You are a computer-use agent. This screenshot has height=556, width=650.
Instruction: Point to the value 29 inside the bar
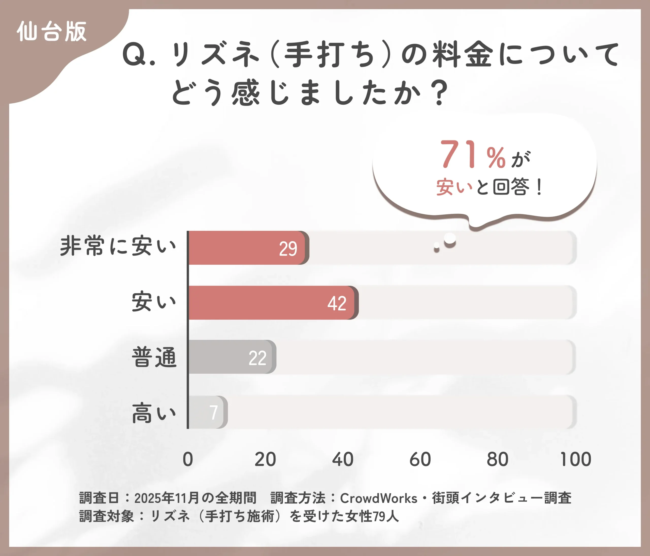288,249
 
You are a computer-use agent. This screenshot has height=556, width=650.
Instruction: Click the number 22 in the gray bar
257,358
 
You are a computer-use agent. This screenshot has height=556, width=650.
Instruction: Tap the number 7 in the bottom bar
213,412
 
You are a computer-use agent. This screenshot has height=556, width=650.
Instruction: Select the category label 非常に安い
118,246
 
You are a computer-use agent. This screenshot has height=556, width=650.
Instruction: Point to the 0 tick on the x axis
188,459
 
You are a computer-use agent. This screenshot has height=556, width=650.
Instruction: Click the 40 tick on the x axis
343,459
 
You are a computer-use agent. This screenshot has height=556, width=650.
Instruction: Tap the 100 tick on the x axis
575,459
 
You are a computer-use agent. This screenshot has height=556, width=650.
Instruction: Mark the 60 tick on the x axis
420,459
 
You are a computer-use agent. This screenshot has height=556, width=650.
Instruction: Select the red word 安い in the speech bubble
454,187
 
